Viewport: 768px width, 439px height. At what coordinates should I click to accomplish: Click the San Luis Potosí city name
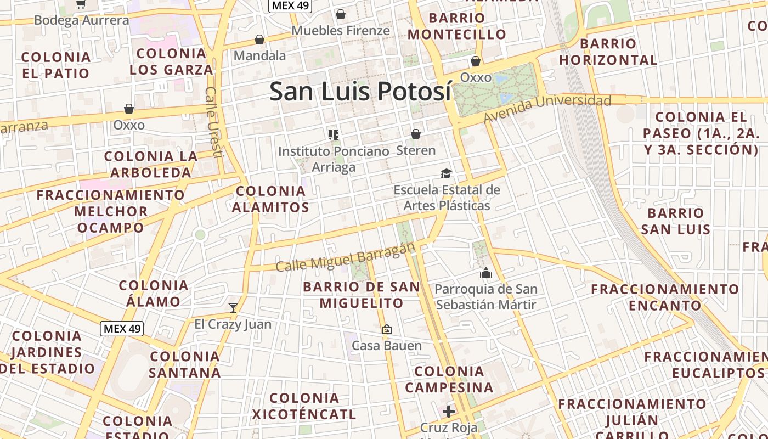[360, 91]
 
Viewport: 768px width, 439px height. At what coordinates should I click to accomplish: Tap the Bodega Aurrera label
[82, 20]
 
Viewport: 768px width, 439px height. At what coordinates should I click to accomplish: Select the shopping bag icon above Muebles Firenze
[341, 14]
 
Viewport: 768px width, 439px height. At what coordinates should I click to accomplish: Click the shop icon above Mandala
[259, 40]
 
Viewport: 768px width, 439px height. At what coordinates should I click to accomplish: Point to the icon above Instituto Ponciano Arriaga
[333, 134]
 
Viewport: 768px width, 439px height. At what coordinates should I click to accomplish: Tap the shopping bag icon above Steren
[416, 134]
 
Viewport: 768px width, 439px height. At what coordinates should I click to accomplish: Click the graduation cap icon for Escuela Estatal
[447, 174]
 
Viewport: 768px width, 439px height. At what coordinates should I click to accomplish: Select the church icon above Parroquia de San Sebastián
[486, 273]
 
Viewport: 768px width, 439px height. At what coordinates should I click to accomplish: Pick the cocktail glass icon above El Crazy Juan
[233, 307]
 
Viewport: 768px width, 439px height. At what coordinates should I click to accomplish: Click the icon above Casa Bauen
[387, 329]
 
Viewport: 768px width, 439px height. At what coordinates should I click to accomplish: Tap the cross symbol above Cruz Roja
[449, 411]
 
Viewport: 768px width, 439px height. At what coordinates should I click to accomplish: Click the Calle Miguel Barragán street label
[345, 257]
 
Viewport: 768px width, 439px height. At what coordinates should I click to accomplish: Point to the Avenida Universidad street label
[547, 108]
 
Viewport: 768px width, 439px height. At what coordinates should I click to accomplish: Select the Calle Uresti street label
[212, 122]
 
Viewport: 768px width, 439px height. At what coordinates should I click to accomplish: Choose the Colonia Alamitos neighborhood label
[270, 199]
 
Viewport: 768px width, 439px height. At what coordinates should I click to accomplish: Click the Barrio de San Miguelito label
[362, 295]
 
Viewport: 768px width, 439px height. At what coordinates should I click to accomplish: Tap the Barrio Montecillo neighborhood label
[457, 26]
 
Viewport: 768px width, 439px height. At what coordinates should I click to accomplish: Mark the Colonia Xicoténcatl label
[304, 406]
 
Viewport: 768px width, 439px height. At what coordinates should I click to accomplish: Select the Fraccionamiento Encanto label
[665, 297]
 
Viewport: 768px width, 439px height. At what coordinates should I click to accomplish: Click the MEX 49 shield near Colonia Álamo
[122, 329]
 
